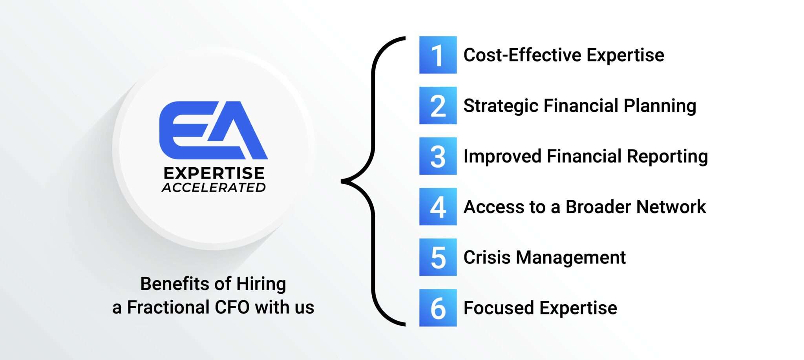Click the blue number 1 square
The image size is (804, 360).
(438, 55)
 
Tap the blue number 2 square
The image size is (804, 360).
(438, 106)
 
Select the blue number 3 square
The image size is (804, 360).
(438, 156)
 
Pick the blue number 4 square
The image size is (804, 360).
(438, 206)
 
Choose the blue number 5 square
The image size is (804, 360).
(438, 257)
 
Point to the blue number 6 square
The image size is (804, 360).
(438, 308)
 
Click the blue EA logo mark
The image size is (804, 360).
(213, 130)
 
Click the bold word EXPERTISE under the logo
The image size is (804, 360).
(214, 173)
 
